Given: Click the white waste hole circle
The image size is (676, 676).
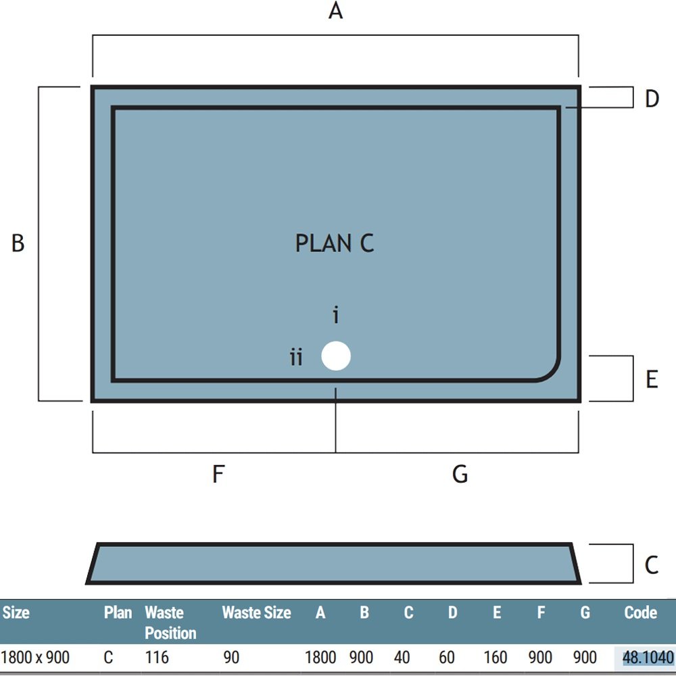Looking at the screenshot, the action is tap(336, 356).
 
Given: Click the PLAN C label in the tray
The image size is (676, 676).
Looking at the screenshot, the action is tap(335, 243).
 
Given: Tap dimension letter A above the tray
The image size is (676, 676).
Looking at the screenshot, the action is tap(335, 11).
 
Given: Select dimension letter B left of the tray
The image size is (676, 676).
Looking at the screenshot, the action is tap(18, 243).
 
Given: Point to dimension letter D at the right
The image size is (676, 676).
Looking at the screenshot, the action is tap(652, 99).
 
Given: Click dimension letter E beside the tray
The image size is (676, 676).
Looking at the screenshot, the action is tap(652, 379).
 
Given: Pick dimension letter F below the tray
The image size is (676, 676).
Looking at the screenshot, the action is tap(218, 475).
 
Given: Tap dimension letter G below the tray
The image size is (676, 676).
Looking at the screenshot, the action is tap(460, 475).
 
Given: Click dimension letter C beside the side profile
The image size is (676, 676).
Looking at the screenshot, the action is tap(652, 564).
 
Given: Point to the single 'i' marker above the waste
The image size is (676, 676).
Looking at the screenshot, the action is tap(336, 315).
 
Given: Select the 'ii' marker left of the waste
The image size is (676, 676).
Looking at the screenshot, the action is tap(296, 358).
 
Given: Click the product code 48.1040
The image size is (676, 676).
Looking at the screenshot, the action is tap(648, 658).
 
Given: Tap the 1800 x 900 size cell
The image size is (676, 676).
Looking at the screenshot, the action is tap(35, 658).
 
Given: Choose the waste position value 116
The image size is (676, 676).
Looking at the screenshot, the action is tap(157, 658).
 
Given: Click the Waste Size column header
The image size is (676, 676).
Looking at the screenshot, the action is tap(256, 612).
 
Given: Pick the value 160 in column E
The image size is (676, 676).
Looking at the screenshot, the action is tap(495, 658).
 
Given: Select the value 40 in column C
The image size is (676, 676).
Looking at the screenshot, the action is tap(402, 658).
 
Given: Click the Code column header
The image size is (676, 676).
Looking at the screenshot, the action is tap(641, 612).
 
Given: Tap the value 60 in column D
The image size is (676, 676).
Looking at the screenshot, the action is tap(447, 658).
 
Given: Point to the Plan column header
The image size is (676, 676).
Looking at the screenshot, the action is tap(118, 612).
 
